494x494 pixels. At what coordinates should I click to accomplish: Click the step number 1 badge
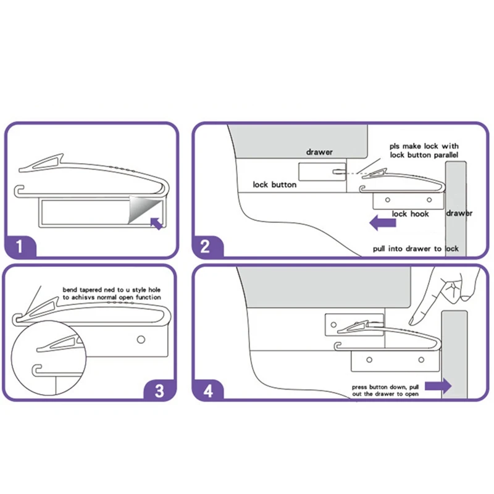pos(20,246)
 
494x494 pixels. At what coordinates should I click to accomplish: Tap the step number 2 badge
pos(206,246)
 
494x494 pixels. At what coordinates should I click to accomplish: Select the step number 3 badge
pos(159,391)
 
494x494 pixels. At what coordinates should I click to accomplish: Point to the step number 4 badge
pos(208,391)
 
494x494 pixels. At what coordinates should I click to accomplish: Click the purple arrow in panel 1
pos(156,224)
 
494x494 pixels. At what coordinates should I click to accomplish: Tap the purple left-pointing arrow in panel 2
pos(382,222)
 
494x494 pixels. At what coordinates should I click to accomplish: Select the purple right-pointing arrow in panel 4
pos(438,386)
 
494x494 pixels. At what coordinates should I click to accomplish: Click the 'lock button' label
pos(274,185)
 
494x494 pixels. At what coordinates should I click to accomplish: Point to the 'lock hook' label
pos(410,214)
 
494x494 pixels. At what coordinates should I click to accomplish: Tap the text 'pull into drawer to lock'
pos(416,249)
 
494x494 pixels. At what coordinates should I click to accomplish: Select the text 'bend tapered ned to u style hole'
pos(112,290)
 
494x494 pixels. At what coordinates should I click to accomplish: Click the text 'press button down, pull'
pos(385,387)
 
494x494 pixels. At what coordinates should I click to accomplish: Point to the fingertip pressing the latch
pos(412,321)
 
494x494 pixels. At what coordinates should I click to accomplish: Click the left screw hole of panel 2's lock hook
pos(388,199)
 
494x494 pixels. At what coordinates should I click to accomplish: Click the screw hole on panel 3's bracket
pos(141,339)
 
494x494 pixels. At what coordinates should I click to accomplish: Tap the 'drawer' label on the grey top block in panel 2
pos(319,152)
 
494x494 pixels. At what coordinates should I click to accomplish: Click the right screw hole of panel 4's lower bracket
pos(421,359)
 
